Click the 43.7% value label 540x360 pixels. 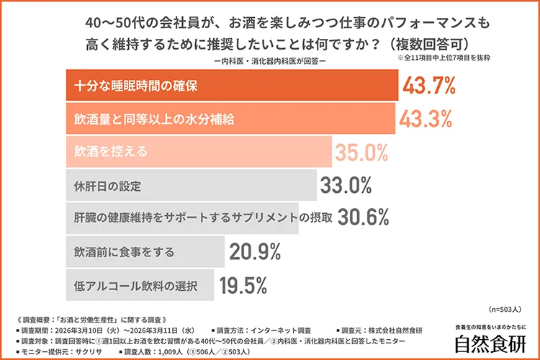[430, 86]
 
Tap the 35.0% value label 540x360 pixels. [361, 152]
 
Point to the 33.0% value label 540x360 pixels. [346, 185]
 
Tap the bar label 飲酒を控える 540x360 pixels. [110, 152]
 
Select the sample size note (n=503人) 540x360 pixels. [507, 308]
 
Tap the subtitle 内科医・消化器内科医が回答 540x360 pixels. [270, 61]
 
